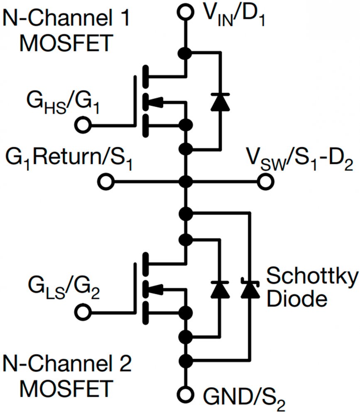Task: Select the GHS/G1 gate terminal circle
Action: pos(83,124)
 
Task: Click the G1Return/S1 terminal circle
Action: pos(107,181)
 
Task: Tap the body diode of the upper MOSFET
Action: pos(218,101)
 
